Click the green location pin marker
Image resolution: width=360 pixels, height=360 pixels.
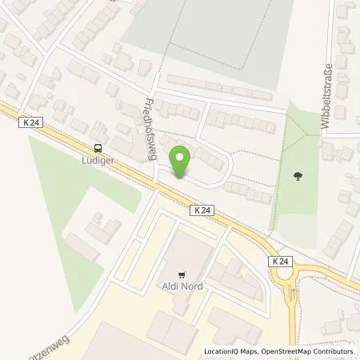tap(182, 162)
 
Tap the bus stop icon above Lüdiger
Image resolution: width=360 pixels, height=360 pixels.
tap(98, 147)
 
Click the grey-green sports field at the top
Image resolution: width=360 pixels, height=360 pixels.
tap(216, 40)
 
